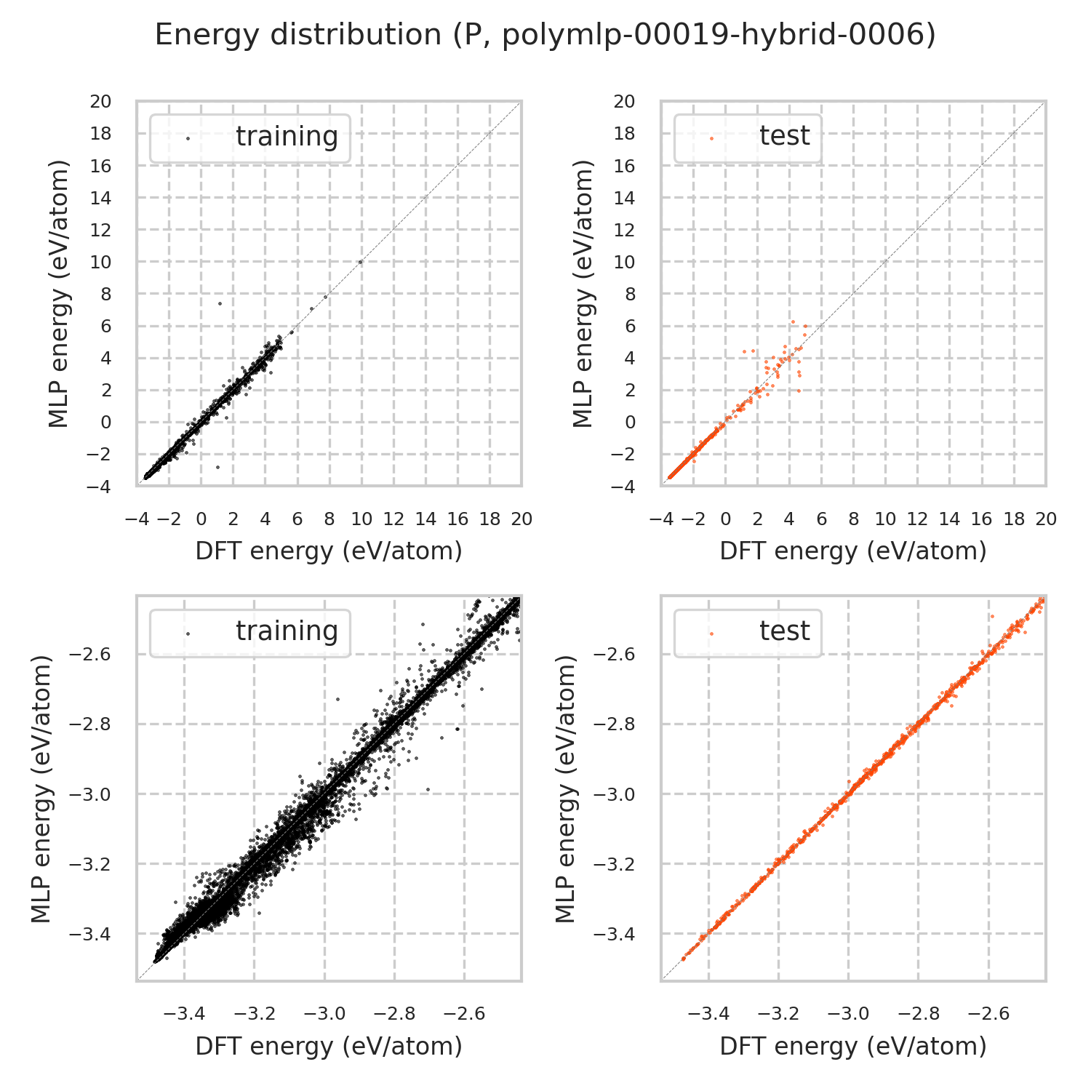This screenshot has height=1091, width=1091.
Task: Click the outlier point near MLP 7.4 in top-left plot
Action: tap(220, 303)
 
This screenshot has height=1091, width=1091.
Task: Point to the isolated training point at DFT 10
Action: tap(361, 262)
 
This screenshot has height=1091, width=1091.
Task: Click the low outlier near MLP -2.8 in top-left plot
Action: tap(217, 467)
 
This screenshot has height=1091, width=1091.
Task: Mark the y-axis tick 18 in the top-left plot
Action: tap(101, 134)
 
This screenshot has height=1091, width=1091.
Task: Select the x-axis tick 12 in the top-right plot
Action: tap(917, 519)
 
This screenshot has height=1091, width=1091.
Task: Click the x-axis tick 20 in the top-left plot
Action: tap(521, 519)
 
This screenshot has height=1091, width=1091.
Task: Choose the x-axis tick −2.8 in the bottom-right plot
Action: tap(919, 1014)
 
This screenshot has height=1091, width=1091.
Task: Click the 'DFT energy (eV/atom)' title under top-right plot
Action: tap(853, 551)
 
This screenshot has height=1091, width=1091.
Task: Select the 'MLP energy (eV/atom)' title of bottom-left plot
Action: tap(43, 789)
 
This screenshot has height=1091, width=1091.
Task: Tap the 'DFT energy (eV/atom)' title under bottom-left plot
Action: tap(329, 1047)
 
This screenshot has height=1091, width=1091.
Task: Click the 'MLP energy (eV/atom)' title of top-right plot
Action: tap(583, 294)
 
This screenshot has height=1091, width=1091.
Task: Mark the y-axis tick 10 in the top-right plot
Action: tap(625, 262)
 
